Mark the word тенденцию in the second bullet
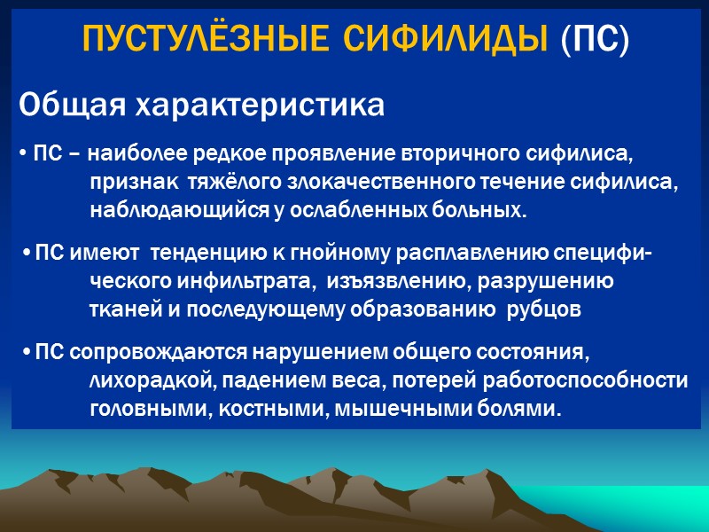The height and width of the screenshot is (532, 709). [207, 254]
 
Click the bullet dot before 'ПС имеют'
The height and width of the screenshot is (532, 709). [27, 254]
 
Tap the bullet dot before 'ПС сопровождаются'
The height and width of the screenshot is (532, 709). [27, 352]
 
